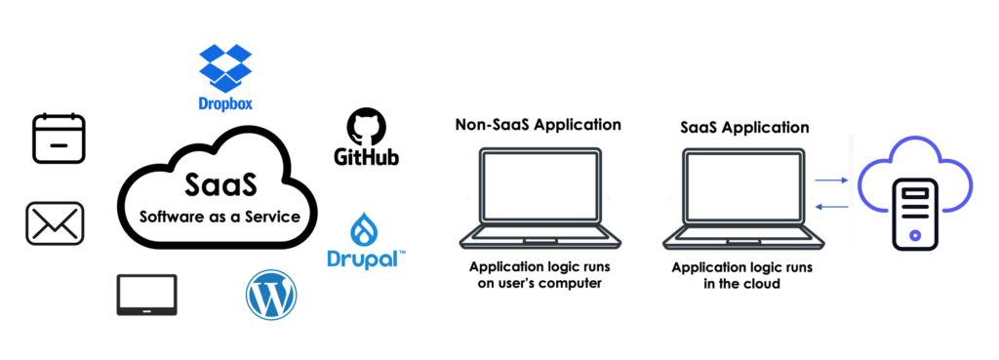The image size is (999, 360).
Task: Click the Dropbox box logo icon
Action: tap(225, 68)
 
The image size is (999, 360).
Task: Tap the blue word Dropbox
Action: tap(225, 103)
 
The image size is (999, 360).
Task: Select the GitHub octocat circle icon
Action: tap(367, 126)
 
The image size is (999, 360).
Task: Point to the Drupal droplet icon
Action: tap(366, 228)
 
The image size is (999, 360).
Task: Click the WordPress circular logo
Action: tap(271, 295)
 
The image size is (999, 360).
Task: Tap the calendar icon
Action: tap(60, 139)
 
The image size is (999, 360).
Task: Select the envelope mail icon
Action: tap(55, 223)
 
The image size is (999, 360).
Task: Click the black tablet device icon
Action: tap(146, 295)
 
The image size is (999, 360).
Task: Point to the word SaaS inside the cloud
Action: tap(221, 184)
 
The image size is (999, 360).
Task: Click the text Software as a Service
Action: tap(220, 217)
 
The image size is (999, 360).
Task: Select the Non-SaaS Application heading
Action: tap(538, 124)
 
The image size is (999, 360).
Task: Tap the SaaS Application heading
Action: tap(744, 127)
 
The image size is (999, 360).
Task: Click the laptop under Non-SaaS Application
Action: tap(540, 198)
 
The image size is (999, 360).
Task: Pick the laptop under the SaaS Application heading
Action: tap(742, 198)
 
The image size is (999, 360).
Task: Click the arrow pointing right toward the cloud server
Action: tap(833, 180)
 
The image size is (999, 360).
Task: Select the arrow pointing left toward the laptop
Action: tap(833, 206)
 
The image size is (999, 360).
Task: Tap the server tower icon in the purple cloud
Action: tap(914, 214)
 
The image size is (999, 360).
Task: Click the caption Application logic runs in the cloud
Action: tap(742, 275)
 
